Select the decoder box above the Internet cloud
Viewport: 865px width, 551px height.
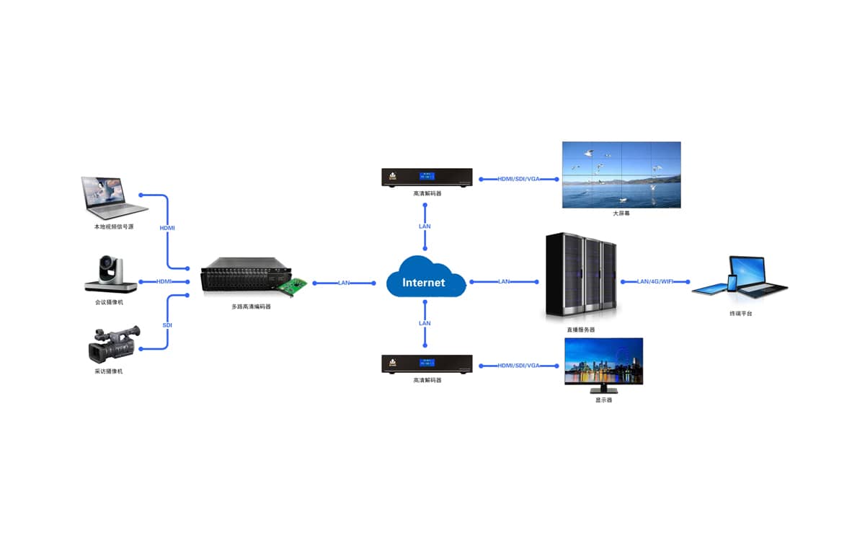coord(427,177)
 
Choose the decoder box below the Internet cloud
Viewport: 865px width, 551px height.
coord(427,364)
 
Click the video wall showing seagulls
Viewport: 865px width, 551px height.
coord(621,175)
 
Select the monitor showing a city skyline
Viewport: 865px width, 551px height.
coord(603,362)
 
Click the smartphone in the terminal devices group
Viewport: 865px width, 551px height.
coord(732,283)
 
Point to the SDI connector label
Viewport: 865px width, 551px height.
coord(167,325)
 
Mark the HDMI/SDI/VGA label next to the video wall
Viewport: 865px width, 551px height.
coord(518,179)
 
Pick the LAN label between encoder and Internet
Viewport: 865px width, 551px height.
coord(345,283)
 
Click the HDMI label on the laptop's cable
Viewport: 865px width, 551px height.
coord(167,228)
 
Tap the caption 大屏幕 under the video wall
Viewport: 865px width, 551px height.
coord(621,213)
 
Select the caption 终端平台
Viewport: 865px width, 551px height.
coord(740,314)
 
